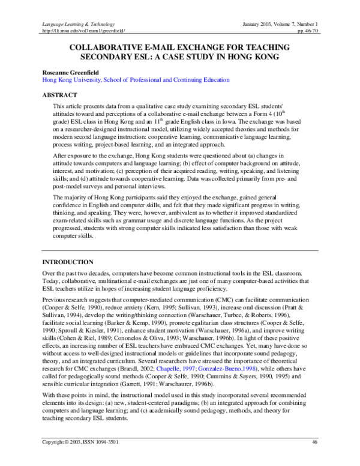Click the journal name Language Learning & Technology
[x=74, y=22]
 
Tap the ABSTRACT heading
[x=59, y=95]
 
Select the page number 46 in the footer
[x=314, y=459]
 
